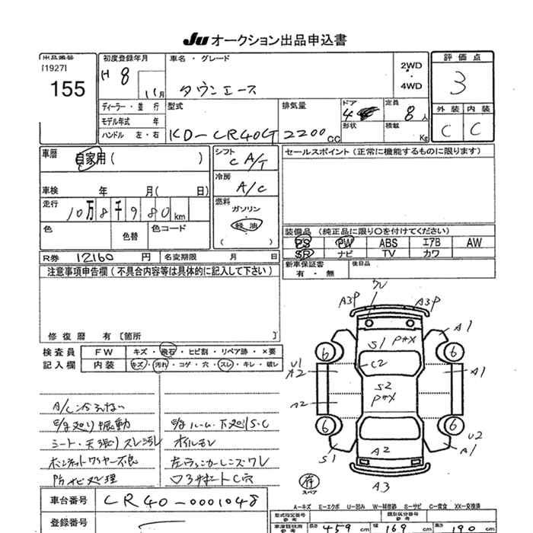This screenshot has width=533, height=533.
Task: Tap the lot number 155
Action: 69,89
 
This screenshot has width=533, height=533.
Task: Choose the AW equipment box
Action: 474,242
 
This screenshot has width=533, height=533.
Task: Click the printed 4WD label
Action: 410,86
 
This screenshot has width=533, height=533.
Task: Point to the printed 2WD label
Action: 410,65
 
